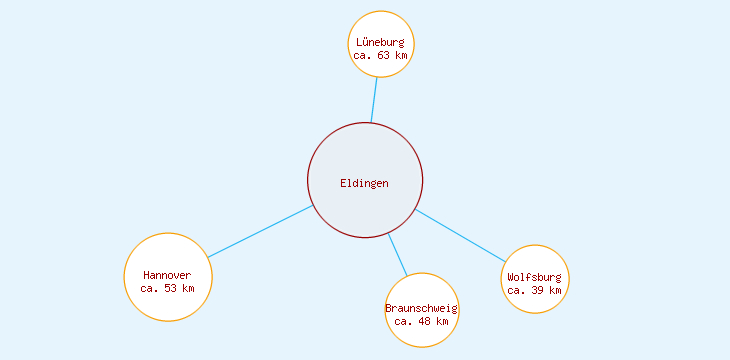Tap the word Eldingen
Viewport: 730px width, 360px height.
tap(364, 183)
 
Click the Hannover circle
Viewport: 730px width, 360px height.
tap(168, 300)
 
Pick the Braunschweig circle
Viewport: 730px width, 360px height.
tap(421, 335)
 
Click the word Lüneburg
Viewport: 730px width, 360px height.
tap(380, 42)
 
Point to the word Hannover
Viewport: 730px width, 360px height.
tap(168, 275)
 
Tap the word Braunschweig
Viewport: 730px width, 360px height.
tap(421, 308)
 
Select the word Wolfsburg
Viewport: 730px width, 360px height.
tap(535, 277)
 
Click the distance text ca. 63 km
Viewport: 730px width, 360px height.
tap(380, 56)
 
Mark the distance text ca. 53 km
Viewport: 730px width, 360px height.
tap(168, 288)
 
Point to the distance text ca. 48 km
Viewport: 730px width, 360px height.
tap(421, 321)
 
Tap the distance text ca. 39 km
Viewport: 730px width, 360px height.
tap(535, 290)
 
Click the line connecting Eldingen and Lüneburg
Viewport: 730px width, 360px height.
tap(374, 100)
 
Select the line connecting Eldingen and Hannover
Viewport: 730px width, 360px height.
tap(260, 231)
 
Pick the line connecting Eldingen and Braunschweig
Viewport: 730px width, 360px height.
tap(398, 255)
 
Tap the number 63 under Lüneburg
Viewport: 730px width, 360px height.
tap(385, 56)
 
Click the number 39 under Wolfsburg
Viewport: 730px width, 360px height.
tap(540, 290)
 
